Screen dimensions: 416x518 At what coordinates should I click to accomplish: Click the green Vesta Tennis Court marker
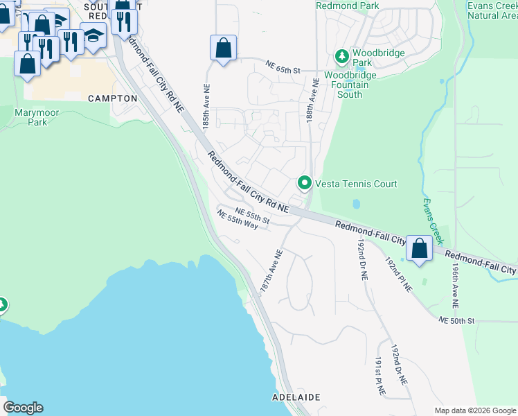tap(304, 183)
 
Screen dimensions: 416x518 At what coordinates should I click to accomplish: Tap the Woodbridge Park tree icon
tap(341, 55)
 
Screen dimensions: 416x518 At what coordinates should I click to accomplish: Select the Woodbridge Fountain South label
tap(350, 84)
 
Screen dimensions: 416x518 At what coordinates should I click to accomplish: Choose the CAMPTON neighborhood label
tap(113, 98)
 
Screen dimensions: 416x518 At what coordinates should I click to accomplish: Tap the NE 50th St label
tap(456, 320)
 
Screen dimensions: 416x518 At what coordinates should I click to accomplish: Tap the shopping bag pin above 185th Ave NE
tap(223, 49)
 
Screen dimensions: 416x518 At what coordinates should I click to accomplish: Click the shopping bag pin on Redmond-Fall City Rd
tap(419, 248)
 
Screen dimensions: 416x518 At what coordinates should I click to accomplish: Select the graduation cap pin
tap(93, 35)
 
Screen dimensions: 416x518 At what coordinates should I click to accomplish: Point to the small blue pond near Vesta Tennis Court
tap(355, 205)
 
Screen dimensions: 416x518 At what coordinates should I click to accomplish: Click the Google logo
tap(23, 408)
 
